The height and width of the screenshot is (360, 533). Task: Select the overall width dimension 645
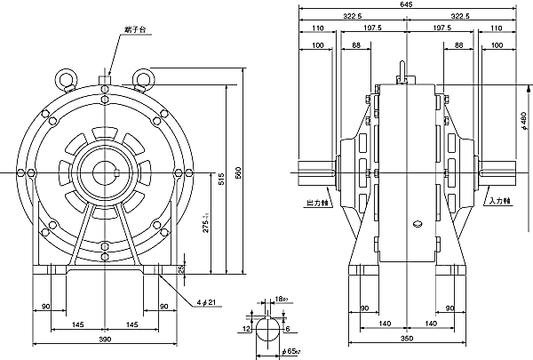pos(406,4)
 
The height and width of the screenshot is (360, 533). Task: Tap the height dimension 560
pos(237,172)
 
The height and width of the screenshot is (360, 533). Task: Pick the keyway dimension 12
pos(245,328)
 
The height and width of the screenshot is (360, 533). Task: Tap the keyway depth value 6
pos(290,328)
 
